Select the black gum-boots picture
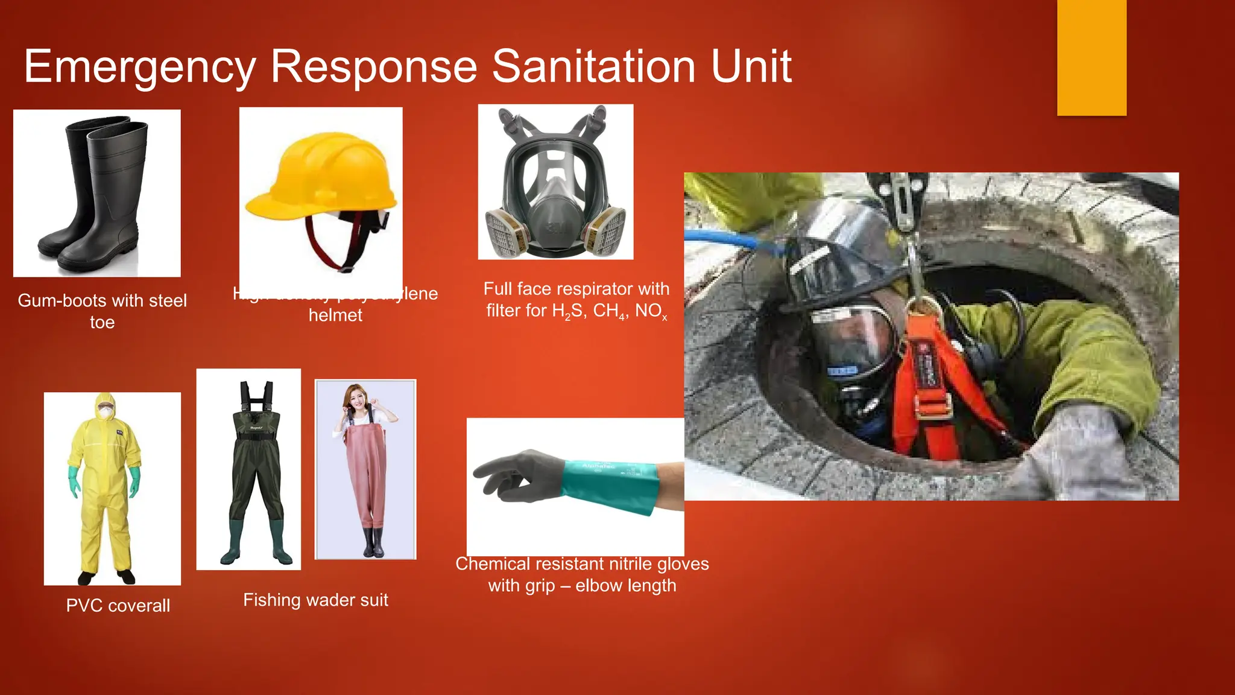click(96, 193)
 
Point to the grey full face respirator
click(555, 181)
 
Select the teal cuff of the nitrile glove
click(609, 486)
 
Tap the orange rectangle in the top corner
click(1091, 57)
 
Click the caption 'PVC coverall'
click(118, 605)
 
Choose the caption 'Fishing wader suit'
click(315, 600)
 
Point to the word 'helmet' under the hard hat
click(335, 315)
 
